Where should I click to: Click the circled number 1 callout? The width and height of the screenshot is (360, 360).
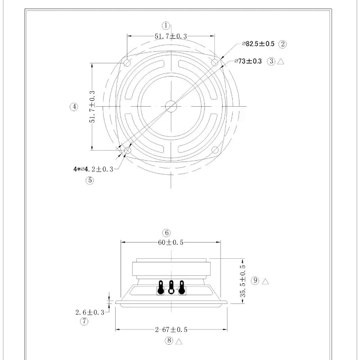[x=166, y=26]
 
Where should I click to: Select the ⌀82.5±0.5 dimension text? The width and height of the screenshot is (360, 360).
[x=258, y=44]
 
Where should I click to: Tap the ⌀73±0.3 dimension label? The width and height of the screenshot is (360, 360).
[x=248, y=61]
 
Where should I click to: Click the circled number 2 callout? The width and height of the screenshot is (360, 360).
[x=283, y=44]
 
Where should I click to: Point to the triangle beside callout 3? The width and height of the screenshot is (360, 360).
[x=280, y=61]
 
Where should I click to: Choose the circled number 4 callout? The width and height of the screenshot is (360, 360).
[x=74, y=107]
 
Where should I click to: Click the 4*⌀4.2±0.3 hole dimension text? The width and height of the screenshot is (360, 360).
[x=93, y=169]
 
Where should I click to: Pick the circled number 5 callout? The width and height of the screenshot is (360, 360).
[x=90, y=180]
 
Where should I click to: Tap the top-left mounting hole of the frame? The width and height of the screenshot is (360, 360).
[x=127, y=63]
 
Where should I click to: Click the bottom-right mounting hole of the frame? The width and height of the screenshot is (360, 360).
[x=215, y=150]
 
